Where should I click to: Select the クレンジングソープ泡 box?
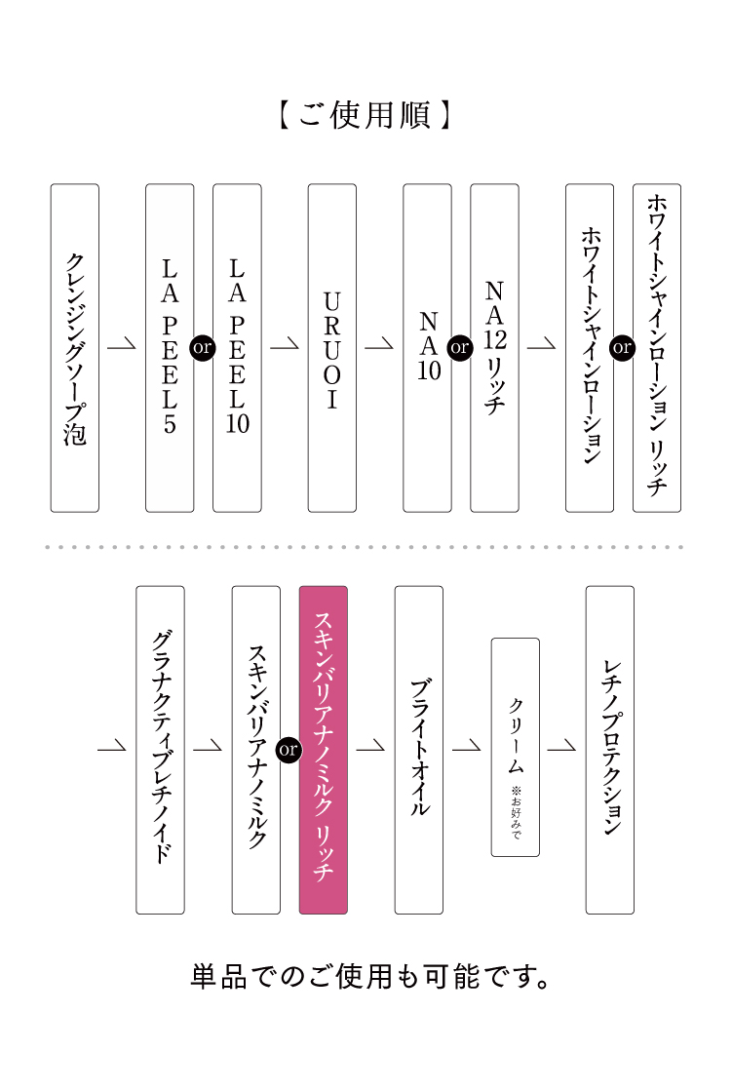[75, 348]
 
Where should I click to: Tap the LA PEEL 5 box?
[170, 348]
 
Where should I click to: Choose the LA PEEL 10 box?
[237, 348]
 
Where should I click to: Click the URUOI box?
[332, 348]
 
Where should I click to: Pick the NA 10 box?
[428, 348]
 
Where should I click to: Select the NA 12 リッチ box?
[494, 348]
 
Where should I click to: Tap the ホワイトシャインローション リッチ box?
[657, 348]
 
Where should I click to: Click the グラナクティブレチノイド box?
[160, 749]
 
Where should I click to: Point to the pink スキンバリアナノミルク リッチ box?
[323, 749]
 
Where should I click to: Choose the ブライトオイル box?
[418, 749]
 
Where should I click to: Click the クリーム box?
[515, 747]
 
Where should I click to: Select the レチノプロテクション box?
[609, 749]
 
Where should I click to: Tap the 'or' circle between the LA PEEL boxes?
[203, 347]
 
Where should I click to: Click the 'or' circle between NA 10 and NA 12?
[459, 347]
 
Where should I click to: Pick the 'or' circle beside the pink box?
[289, 749]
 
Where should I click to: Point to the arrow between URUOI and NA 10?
[379, 345]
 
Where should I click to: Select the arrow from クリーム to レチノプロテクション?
[562, 747]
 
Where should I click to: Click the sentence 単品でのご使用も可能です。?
[371, 976]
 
